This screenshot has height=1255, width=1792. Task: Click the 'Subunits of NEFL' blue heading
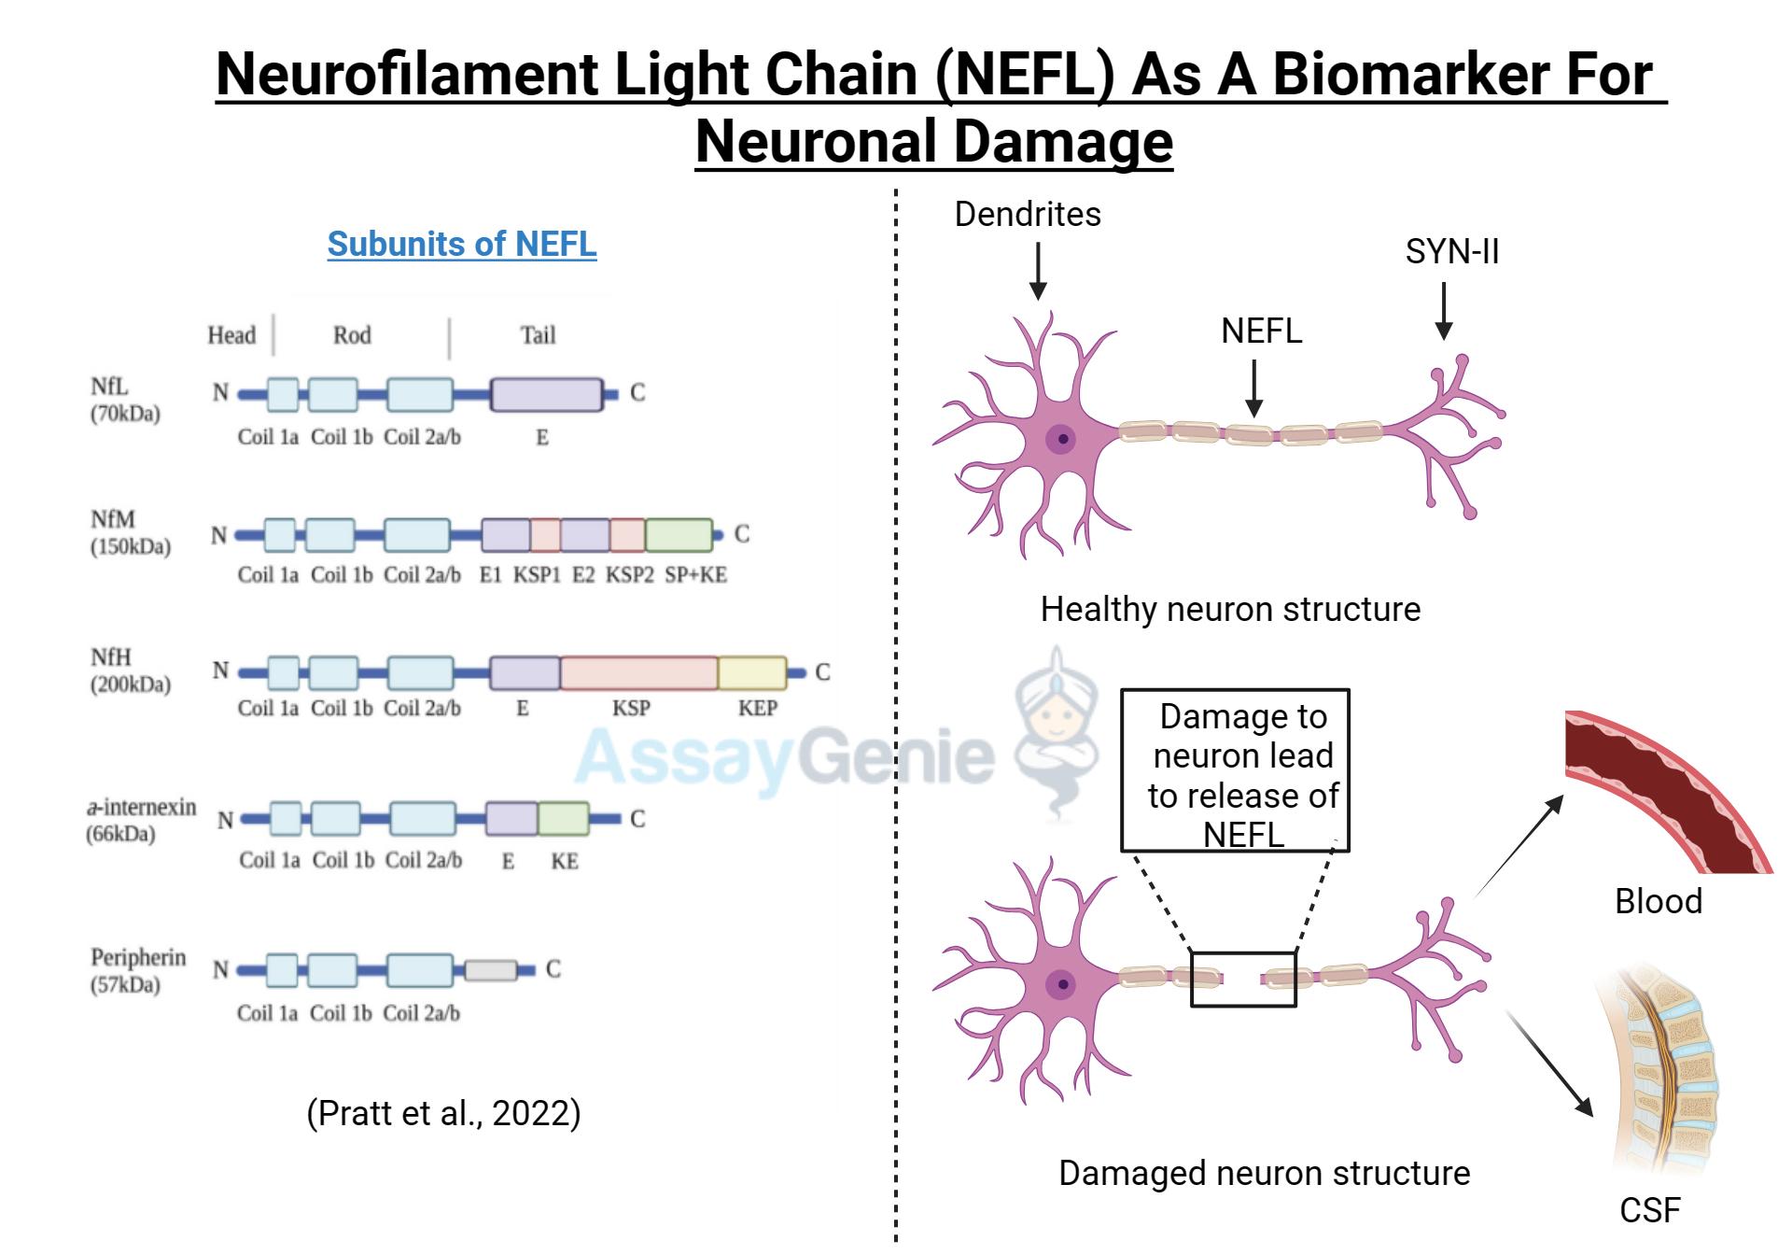coord(461,244)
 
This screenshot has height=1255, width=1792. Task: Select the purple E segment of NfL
coord(546,395)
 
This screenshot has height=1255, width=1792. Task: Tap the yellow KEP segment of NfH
coord(751,672)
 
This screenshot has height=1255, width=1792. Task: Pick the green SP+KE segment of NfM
coord(679,535)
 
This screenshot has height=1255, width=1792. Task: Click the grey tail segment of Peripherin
coord(491,970)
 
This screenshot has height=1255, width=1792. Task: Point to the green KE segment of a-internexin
coord(563,819)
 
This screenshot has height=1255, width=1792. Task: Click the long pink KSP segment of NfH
coord(638,672)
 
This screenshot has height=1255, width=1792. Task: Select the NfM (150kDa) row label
coord(130,532)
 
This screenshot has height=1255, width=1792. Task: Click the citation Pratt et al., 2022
coord(443,1113)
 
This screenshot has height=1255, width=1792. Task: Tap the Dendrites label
coord(1027,215)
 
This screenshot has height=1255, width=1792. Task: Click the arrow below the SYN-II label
coord(1443,311)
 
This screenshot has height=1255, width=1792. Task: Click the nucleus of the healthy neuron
coord(1061,438)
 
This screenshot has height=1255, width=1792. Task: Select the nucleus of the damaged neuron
coord(1061,983)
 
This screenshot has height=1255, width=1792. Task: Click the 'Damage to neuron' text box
coord(1235,771)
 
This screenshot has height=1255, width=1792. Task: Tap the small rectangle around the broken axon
coord(1243,980)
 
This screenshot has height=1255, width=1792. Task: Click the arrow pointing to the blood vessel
coord(1519,844)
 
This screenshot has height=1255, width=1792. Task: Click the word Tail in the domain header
coord(538,335)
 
